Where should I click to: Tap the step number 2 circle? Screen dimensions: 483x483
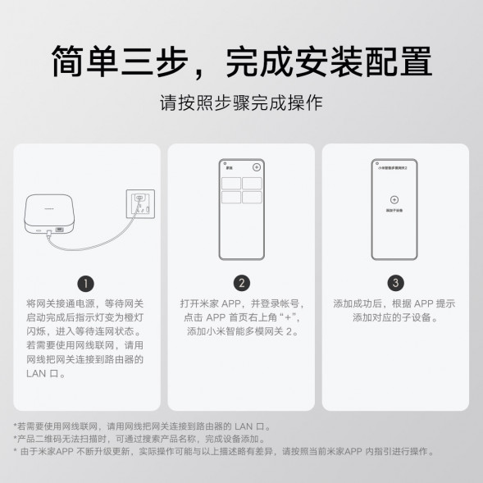pyautogui.click(x=241, y=284)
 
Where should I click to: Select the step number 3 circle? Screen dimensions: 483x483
pyautogui.click(x=396, y=284)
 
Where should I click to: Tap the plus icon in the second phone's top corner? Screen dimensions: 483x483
pyautogui.click(x=257, y=166)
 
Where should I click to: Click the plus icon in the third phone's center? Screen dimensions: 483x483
pyautogui.click(x=394, y=199)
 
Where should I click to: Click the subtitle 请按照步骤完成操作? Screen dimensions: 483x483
pyautogui.click(x=241, y=104)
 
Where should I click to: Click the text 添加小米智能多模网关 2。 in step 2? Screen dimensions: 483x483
pyautogui.click(x=241, y=331)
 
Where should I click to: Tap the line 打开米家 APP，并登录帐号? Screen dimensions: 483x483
pyautogui.click(x=241, y=303)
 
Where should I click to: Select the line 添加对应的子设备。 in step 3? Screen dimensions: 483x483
pyautogui.click(x=394, y=317)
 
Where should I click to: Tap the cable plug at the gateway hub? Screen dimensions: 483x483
pyautogui.click(x=51, y=235)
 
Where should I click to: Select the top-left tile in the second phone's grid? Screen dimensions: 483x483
pyautogui.click(x=230, y=183)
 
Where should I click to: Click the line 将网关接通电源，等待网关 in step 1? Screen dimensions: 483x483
pyautogui.click(x=84, y=303)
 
